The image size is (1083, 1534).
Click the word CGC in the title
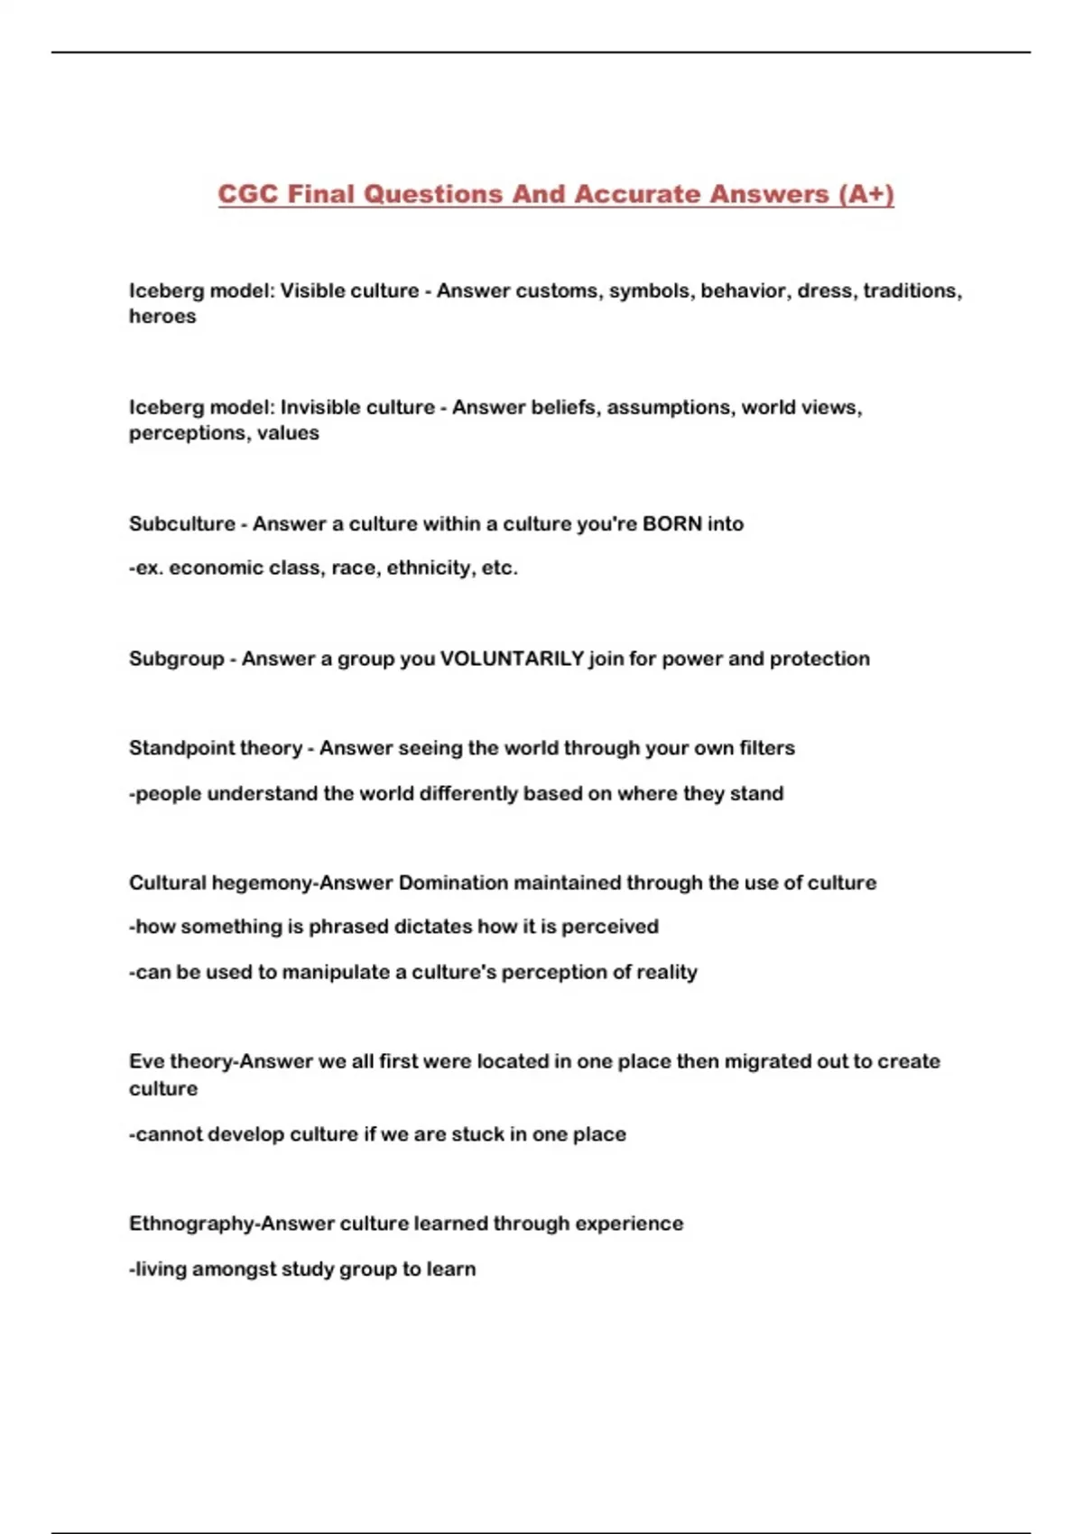point(248,194)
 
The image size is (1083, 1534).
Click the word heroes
point(162,316)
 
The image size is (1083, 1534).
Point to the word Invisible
point(321,407)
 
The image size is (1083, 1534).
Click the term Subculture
point(181,523)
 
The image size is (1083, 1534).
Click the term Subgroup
point(176,659)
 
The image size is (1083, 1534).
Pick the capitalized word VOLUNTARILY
point(512,659)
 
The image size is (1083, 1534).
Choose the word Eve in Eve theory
point(146,1061)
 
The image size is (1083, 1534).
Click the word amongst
point(234,1269)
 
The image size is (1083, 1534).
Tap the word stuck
point(477,1134)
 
